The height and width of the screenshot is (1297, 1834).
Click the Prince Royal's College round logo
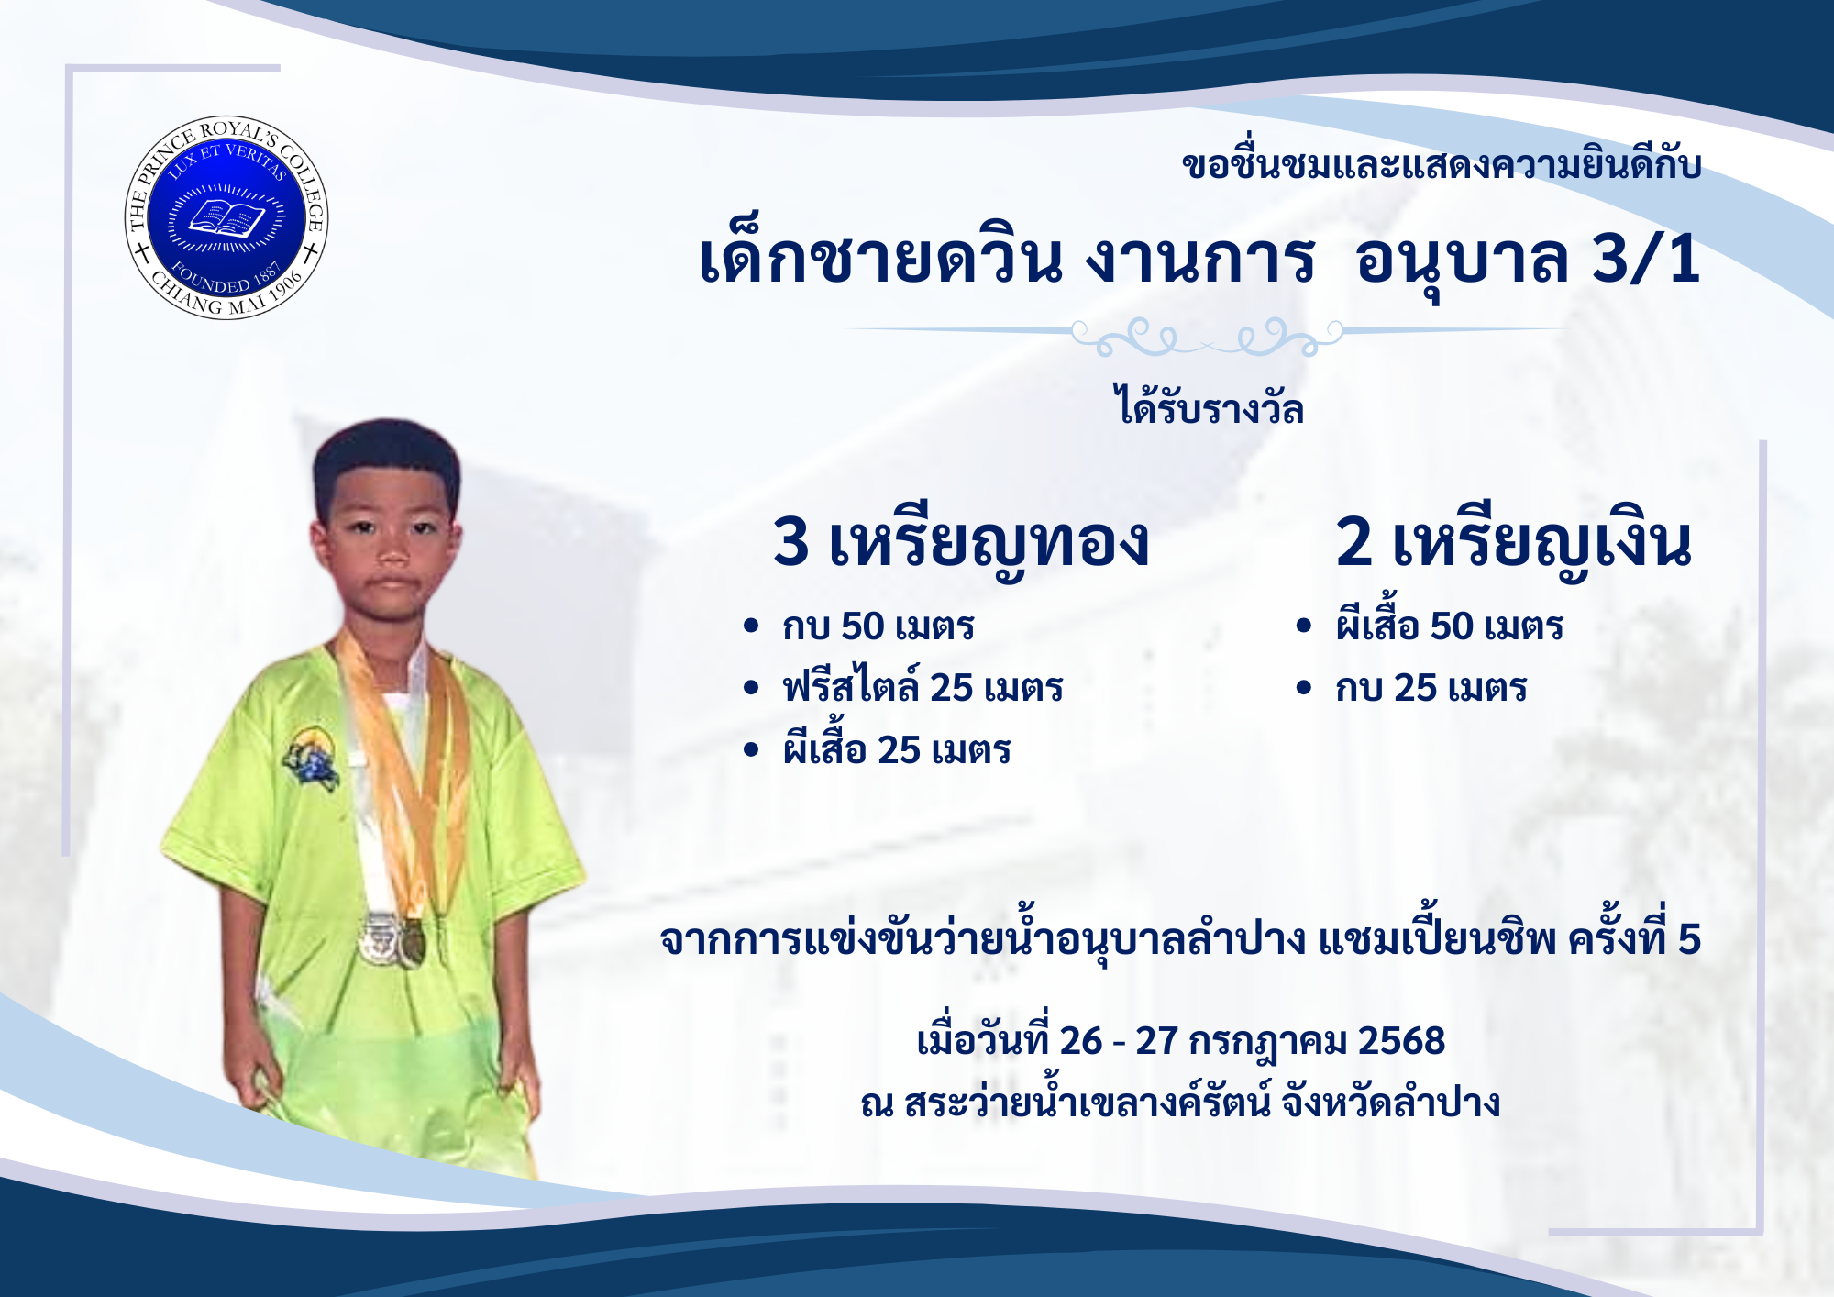[x=226, y=218]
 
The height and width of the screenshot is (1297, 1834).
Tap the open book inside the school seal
[x=226, y=218]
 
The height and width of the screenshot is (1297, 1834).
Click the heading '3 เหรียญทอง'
[x=960, y=543]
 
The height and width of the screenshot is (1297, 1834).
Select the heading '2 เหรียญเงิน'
[x=1513, y=543]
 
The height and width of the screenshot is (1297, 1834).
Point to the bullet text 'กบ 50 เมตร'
[x=878, y=626]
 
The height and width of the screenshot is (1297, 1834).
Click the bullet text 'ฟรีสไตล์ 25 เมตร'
[x=923, y=686]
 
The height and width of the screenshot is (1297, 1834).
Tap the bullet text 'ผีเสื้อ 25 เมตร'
[x=896, y=747]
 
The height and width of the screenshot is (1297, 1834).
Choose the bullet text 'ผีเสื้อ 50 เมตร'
[x=1449, y=624]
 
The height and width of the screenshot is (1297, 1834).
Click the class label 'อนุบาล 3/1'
[x=1528, y=260]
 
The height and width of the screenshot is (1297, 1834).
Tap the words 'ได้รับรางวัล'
[x=1208, y=406]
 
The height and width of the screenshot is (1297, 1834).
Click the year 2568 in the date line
[x=1401, y=1041]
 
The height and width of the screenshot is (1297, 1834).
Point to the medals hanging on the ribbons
[x=392, y=940]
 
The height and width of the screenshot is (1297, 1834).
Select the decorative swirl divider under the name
[x=1206, y=337]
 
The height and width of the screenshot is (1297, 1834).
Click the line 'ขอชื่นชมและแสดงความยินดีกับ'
[x=1442, y=164]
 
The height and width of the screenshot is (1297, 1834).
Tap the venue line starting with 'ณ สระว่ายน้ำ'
[x=1180, y=1102]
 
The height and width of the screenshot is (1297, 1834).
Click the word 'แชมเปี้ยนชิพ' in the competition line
[x=1437, y=937]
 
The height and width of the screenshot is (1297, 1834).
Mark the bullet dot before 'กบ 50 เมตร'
[x=752, y=626]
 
